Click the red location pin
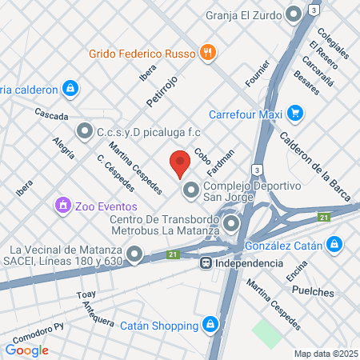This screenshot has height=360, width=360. point(180,164)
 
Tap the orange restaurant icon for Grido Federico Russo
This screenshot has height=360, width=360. point(208,53)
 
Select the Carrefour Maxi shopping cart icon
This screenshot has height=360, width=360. point(294,113)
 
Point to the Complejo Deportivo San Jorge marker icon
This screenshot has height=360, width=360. point(190,190)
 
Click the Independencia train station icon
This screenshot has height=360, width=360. point(206,262)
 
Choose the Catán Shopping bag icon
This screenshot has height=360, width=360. point(210,325)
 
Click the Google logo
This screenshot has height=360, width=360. point(27,350)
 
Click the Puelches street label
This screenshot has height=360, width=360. point(312,293)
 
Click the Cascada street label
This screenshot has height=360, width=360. point(51,115)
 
